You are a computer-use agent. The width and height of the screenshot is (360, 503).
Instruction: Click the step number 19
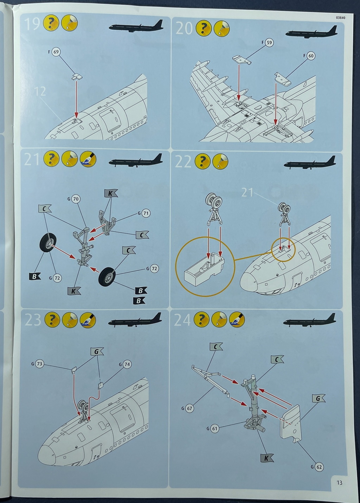tap(32, 24)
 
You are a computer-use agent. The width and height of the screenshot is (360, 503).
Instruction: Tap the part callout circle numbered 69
tap(56, 52)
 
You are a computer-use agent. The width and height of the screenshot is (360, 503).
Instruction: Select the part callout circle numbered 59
tap(269, 43)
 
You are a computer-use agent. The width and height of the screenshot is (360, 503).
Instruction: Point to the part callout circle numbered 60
tap(311, 56)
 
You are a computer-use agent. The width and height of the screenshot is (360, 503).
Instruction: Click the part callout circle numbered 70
tap(76, 199)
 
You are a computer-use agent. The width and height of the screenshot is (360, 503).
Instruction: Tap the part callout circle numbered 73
tap(39, 364)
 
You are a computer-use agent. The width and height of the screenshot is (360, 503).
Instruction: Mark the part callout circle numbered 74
tap(127, 364)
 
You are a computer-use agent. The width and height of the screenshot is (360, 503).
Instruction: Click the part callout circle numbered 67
tap(189, 408)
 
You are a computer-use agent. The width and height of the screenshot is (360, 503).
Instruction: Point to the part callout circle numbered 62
tap(319, 467)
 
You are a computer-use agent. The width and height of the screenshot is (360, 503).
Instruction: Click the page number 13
tap(339, 483)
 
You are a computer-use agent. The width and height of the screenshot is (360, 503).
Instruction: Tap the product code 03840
tap(340, 18)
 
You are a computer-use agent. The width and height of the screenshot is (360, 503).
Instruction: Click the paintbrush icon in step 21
tap(88, 159)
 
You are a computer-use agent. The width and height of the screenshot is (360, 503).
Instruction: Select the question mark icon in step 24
tap(201, 319)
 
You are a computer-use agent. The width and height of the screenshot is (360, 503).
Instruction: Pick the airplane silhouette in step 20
tap(311, 33)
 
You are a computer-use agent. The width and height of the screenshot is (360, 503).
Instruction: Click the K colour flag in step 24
tap(267, 458)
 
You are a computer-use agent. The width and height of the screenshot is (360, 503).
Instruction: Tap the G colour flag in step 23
tap(97, 351)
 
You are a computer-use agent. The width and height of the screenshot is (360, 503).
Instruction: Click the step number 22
tap(183, 161)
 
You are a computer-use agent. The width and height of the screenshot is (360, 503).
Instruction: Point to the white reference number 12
tap(40, 91)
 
